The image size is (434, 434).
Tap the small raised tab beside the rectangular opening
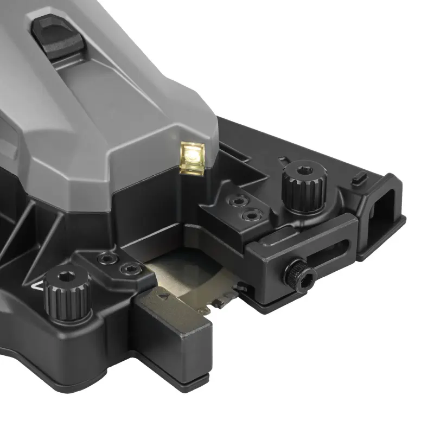click(357, 177)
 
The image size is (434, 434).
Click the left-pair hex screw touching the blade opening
click(129, 269)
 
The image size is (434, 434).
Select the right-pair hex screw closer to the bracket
click(251, 215)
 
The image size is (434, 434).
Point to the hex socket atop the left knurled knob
click(67, 275)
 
